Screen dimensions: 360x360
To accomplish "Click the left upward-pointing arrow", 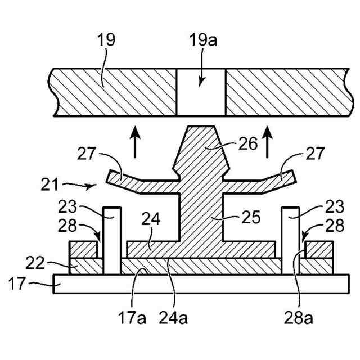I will (x=135, y=142).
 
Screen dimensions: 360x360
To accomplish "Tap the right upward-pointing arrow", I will (x=269, y=142).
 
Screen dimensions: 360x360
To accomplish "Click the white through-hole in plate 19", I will (x=201, y=93).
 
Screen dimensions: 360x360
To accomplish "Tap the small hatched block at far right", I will (x=318, y=248).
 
